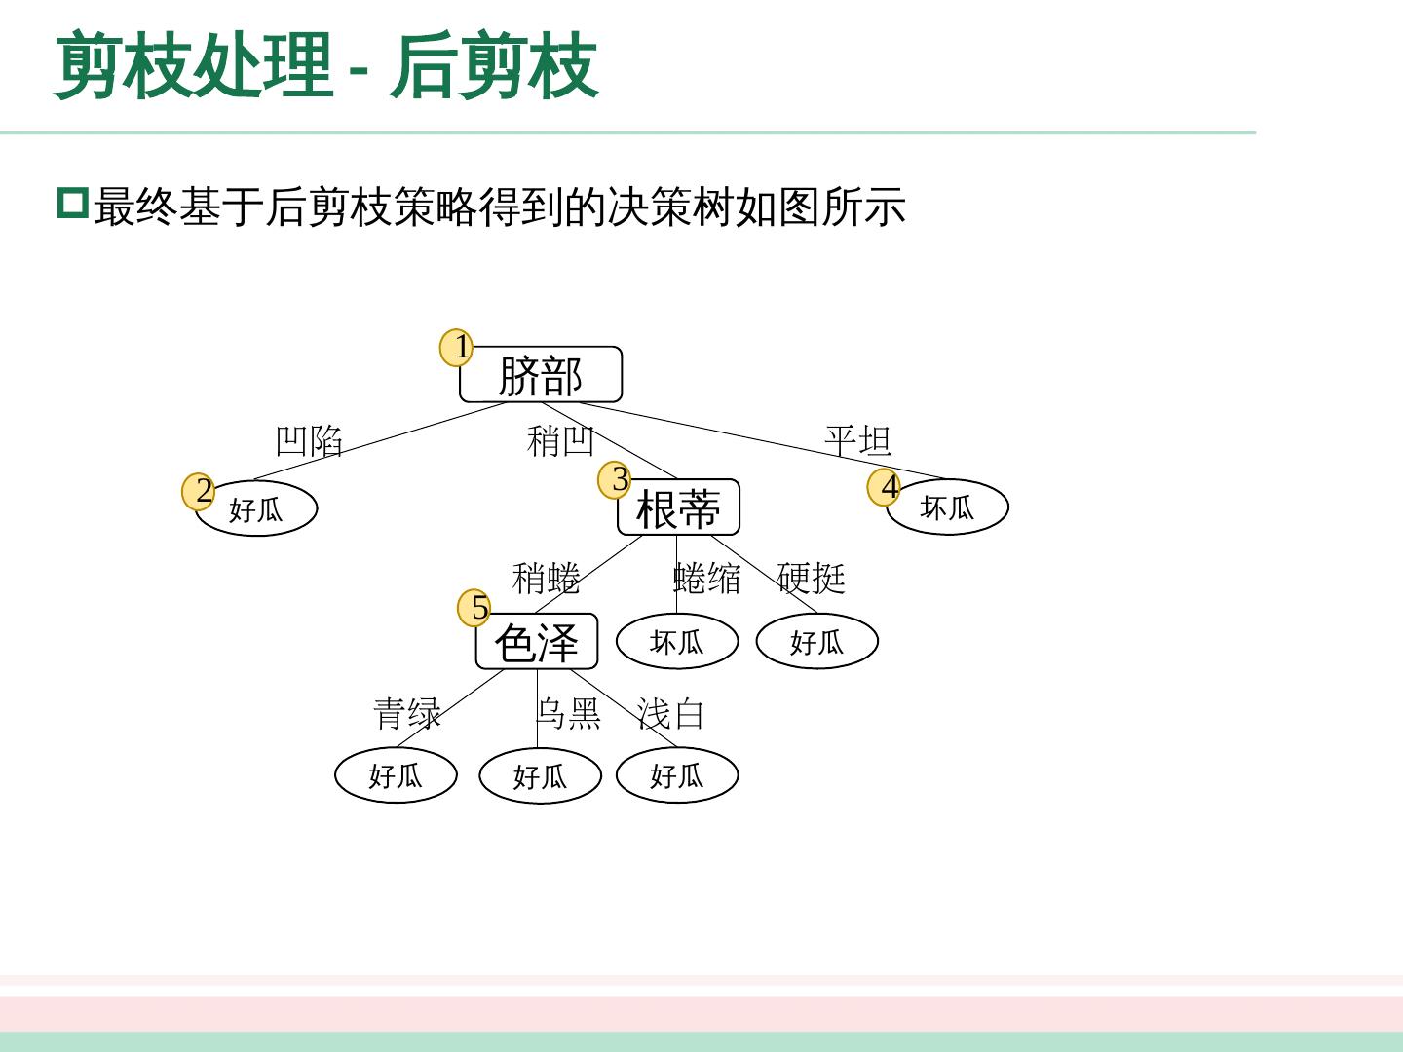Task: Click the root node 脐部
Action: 540,375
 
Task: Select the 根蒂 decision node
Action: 678,507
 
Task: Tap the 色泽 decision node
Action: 536,642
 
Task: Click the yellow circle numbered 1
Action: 457,347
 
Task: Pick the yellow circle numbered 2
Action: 200,491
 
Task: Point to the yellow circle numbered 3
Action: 616,479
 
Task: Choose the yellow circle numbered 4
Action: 886,486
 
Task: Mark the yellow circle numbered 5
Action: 475,608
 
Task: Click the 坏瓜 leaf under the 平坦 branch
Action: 947,507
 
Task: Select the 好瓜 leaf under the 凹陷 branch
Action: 256,508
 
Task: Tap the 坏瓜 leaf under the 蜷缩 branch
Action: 677,642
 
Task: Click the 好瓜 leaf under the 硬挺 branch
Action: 816,642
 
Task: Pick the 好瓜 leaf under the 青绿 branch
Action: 396,775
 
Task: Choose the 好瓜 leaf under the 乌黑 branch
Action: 540,776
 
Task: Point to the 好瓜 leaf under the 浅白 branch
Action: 677,775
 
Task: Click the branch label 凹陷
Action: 309,441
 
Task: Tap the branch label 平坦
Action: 857,440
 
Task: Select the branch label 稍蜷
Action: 546,579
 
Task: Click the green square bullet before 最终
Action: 73,204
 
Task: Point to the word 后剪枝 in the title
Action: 494,66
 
